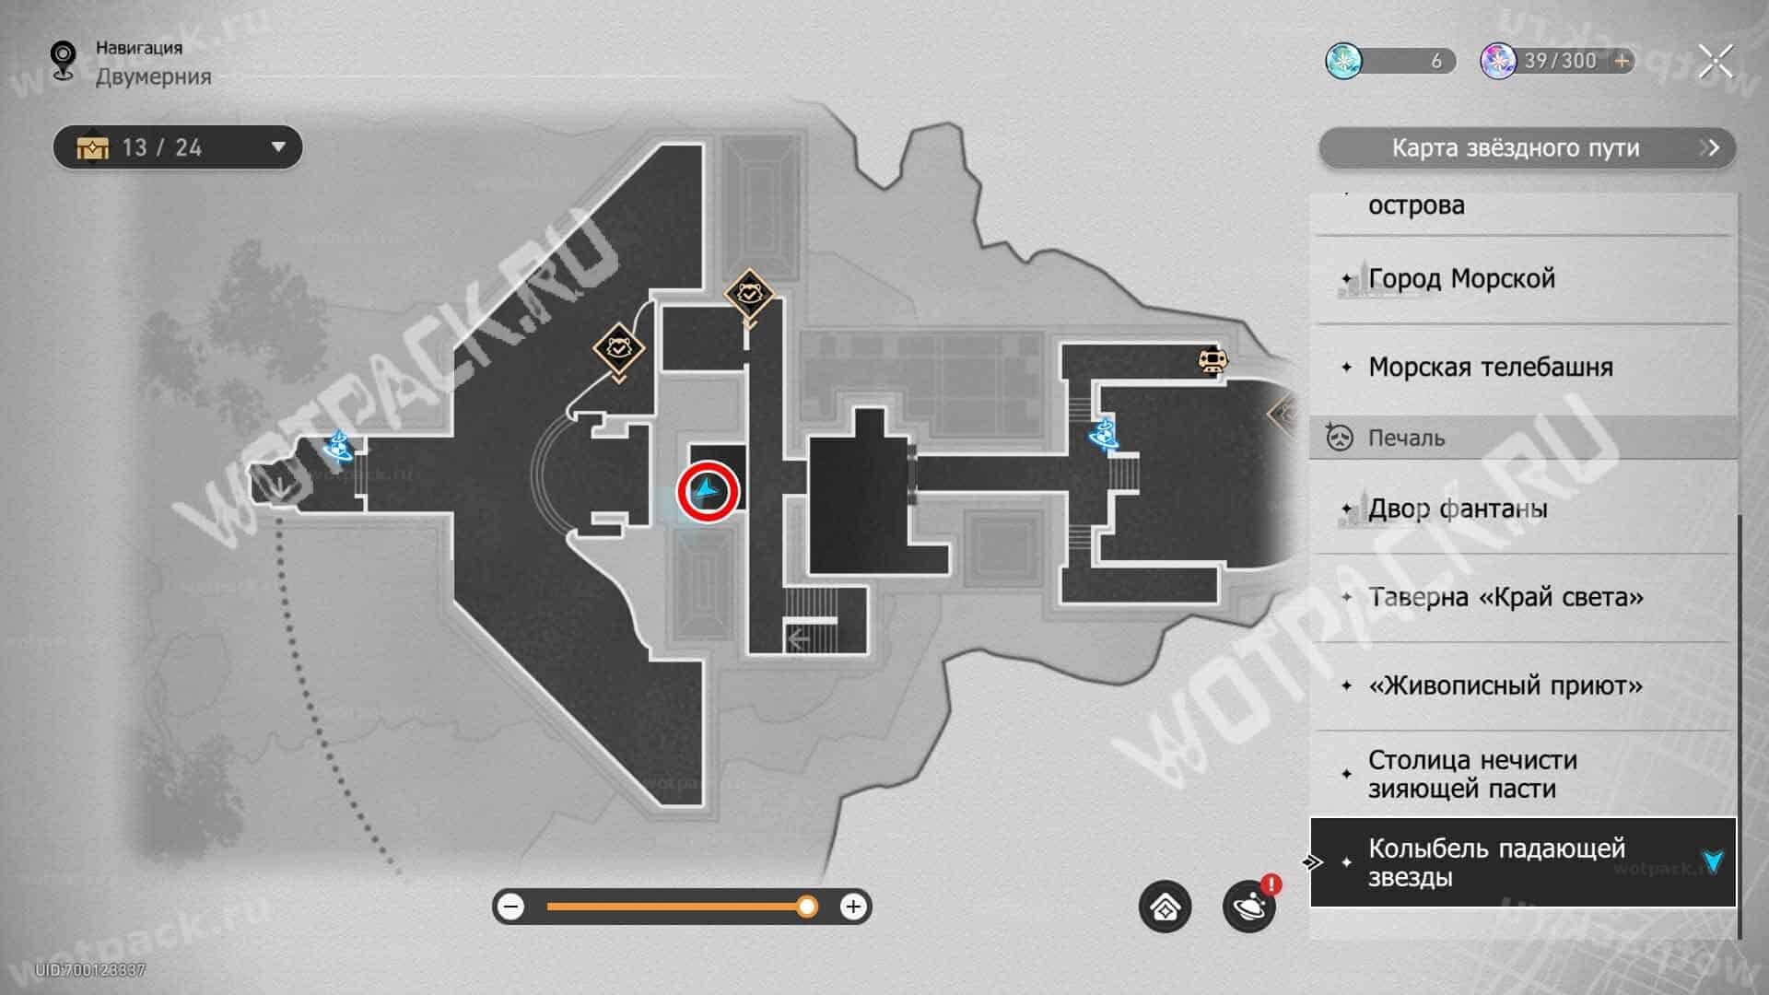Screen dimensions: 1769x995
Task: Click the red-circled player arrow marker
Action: tap(708, 492)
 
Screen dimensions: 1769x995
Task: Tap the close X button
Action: tap(1716, 62)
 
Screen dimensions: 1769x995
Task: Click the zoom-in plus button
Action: tap(853, 907)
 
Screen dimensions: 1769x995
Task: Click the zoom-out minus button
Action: tap(510, 907)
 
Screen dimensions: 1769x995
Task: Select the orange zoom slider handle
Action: tap(807, 907)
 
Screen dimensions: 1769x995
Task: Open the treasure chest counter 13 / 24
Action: tap(178, 147)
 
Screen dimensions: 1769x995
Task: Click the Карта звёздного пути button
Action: tap(1527, 148)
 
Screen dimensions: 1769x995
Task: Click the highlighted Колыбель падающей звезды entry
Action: tap(1523, 862)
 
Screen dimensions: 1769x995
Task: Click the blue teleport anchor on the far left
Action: tap(338, 447)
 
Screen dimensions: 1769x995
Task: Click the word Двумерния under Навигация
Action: tap(154, 76)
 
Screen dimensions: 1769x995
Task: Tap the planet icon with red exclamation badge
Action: tap(1250, 906)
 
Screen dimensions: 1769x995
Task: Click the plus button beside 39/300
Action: tap(1622, 61)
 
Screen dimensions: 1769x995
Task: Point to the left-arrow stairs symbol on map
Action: tap(798, 638)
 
